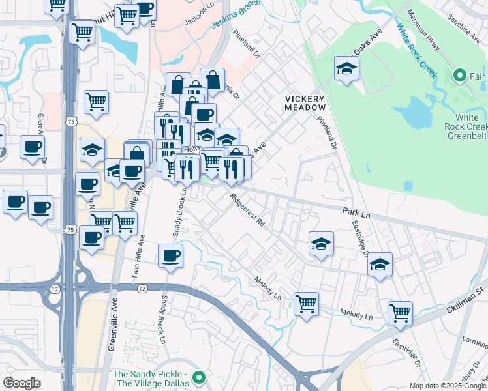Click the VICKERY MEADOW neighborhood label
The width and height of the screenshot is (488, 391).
coord(305,103)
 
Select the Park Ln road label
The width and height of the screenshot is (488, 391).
coord(356,213)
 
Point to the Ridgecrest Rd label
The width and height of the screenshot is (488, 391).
coord(247,209)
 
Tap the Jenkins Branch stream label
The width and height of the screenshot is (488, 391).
coord(235,16)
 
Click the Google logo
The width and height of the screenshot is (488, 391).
coord(22,383)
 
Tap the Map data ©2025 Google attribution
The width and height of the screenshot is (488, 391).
coord(447,386)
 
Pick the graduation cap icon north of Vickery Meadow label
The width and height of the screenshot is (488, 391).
coord(346,68)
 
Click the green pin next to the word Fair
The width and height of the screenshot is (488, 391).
coord(459,76)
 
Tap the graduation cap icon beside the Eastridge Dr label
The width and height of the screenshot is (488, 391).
coord(379,265)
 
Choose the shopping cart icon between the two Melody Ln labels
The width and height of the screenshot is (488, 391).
coord(306,303)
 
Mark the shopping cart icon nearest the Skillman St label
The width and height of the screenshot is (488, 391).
coord(400,312)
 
